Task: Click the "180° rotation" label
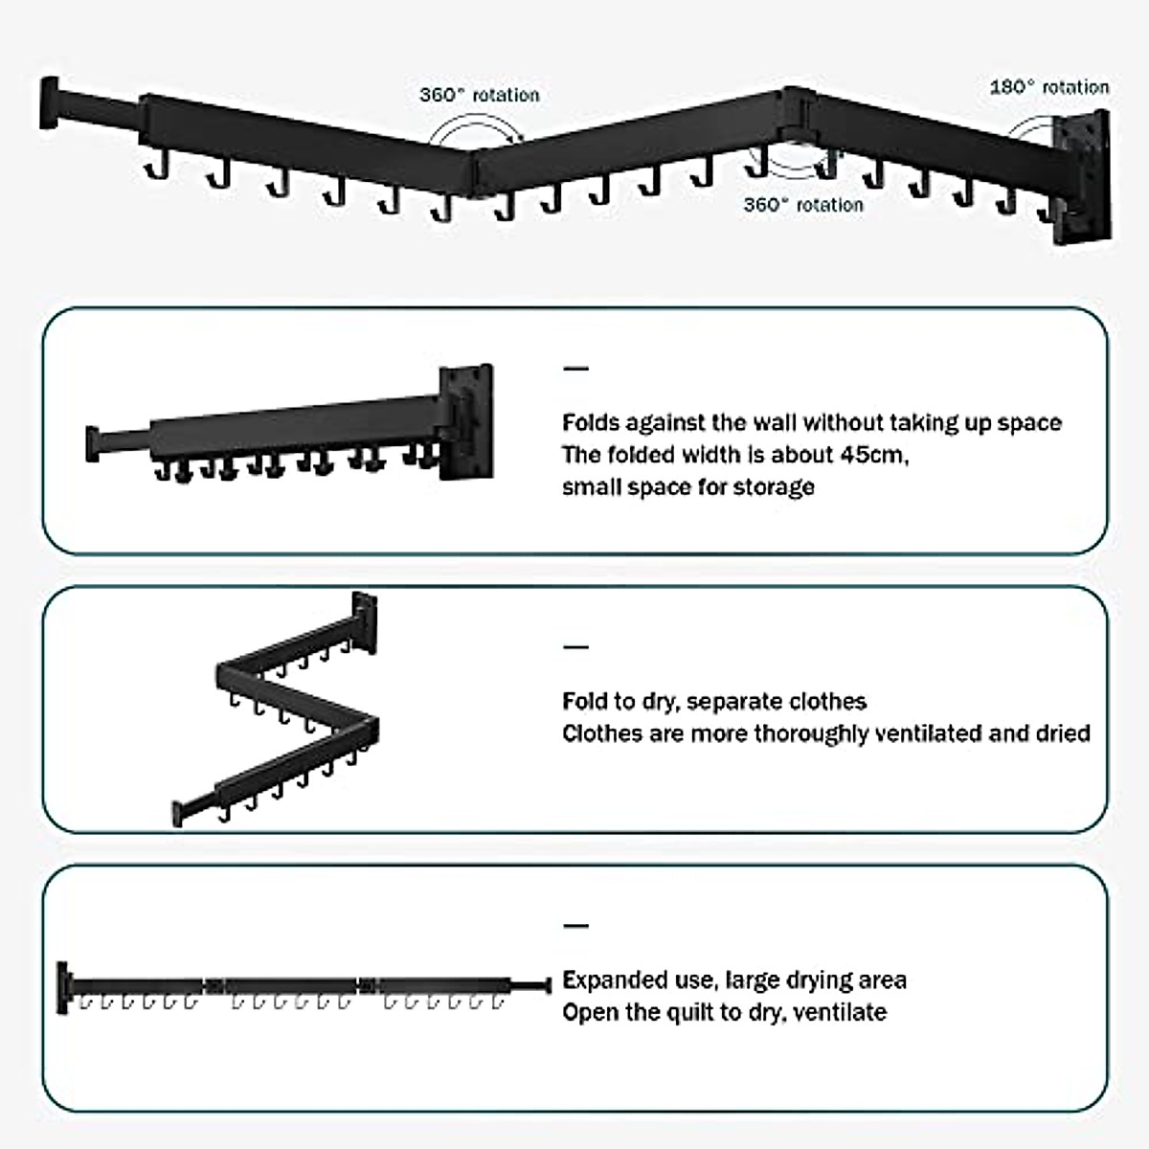[1048, 87]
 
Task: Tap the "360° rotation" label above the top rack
[479, 95]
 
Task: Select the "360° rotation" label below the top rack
[802, 205]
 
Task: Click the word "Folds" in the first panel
[592, 423]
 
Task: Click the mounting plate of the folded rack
[465, 421]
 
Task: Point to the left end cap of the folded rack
[93, 444]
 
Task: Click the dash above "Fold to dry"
[575, 648]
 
